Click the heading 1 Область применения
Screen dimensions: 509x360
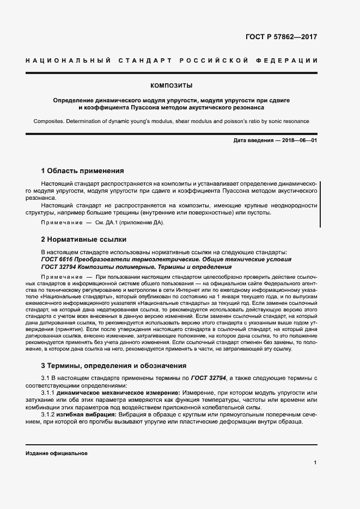pyautogui.click(x=83, y=170)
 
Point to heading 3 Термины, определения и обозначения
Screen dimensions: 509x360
pyautogui.click(x=114, y=365)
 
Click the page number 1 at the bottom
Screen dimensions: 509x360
pyautogui.click(x=315, y=463)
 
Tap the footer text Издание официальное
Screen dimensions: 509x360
pyautogui.click(x=57, y=453)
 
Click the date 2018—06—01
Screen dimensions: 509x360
pyautogui.click(x=298, y=141)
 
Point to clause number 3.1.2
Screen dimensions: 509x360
pyautogui.click(x=51, y=415)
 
